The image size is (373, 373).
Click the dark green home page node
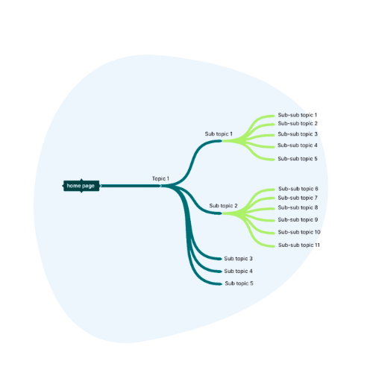[x=81, y=186]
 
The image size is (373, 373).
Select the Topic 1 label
[x=160, y=178]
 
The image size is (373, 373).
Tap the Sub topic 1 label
[x=219, y=134]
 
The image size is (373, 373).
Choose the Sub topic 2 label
[x=223, y=206]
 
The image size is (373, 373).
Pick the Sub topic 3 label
[x=238, y=259]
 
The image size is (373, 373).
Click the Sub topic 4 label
[x=238, y=271]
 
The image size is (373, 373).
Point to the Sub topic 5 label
[x=239, y=283]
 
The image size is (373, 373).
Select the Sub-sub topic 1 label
[x=298, y=115]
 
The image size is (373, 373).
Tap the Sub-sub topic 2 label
[x=298, y=123]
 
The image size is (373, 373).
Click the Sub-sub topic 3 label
[x=298, y=134]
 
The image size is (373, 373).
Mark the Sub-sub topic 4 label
[x=298, y=145]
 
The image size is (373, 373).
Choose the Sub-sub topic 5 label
[x=298, y=159]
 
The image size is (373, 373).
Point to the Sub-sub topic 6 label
[x=298, y=189]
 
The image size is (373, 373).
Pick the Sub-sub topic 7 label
[x=298, y=198]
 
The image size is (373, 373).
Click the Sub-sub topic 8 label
[x=298, y=207]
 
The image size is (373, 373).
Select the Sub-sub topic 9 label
[x=298, y=219]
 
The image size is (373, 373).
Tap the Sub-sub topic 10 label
[x=299, y=232]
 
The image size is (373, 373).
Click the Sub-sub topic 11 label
[x=299, y=245]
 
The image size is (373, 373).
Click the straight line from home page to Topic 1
[x=131, y=186]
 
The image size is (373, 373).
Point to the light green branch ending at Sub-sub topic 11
[x=251, y=230]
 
